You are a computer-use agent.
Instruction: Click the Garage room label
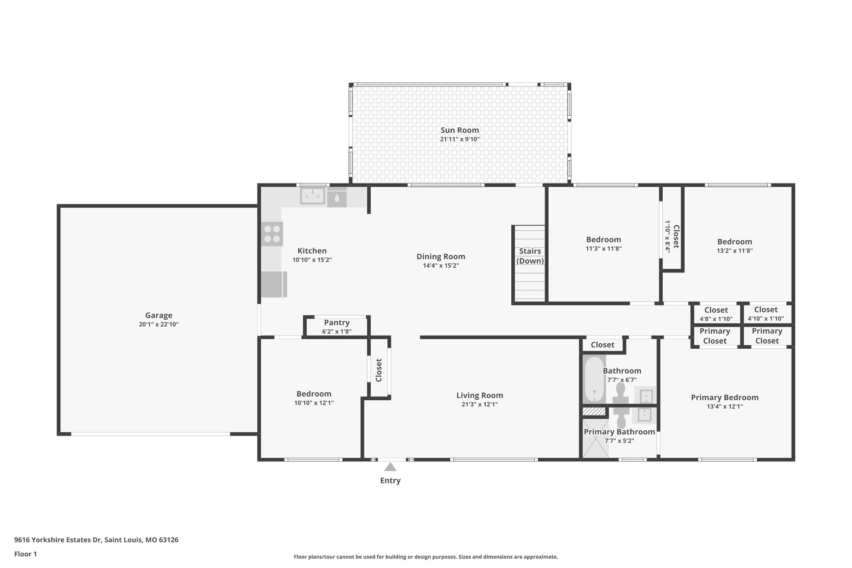coord(159,315)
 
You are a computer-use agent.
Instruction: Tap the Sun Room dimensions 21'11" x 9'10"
coord(460,139)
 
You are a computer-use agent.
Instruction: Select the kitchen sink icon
coord(312,196)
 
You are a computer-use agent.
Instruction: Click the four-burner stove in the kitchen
coord(272,234)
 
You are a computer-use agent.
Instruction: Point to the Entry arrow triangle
coord(390,467)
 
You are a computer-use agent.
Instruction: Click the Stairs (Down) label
coord(530,256)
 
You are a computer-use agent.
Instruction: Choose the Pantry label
coord(337,322)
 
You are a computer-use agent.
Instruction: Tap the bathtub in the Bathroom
coord(594,379)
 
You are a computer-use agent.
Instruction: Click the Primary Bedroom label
coord(725,397)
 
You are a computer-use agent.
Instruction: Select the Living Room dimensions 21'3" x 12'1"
coord(480,404)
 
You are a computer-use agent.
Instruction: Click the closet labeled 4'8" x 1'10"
coord(716,314)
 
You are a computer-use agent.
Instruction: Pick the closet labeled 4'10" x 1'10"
coord(766,314)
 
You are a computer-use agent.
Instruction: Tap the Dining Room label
coord(441,257)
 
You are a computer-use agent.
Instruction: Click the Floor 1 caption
coord(25,554)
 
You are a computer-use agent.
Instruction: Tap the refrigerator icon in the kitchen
coord(274,284)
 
